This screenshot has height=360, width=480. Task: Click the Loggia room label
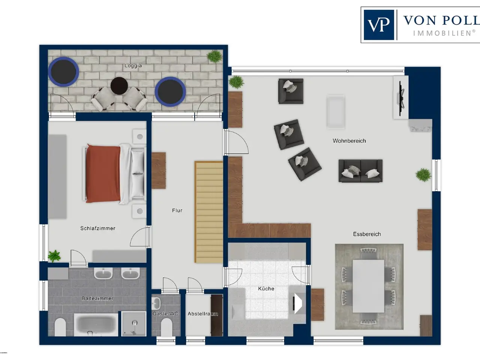[133, 66]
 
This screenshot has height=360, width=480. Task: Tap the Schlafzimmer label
[97, 228]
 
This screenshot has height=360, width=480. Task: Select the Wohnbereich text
[349, 141]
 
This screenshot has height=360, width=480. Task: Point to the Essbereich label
[367, 234]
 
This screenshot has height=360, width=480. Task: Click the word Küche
[266, 288]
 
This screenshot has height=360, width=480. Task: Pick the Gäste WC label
[165, 313]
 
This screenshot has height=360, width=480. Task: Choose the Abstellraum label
[203, 314]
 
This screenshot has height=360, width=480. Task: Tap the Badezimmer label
[97, 298]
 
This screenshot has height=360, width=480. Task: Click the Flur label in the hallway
[177, 210]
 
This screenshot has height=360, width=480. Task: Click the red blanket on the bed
[103, 174]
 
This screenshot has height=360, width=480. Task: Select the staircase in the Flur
[209, 212]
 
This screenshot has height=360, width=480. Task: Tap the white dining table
[369, 286]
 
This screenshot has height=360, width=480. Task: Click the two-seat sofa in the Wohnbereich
[360, 171]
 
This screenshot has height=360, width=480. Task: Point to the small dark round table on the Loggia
[119, 85]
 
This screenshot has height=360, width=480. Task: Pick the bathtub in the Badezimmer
[96, 325]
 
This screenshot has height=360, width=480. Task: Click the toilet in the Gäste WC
[166, 327]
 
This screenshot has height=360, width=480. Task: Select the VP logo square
[379, 25]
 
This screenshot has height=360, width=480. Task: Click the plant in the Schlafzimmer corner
[54, 256]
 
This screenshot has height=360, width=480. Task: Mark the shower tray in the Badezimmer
[133, 324]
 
